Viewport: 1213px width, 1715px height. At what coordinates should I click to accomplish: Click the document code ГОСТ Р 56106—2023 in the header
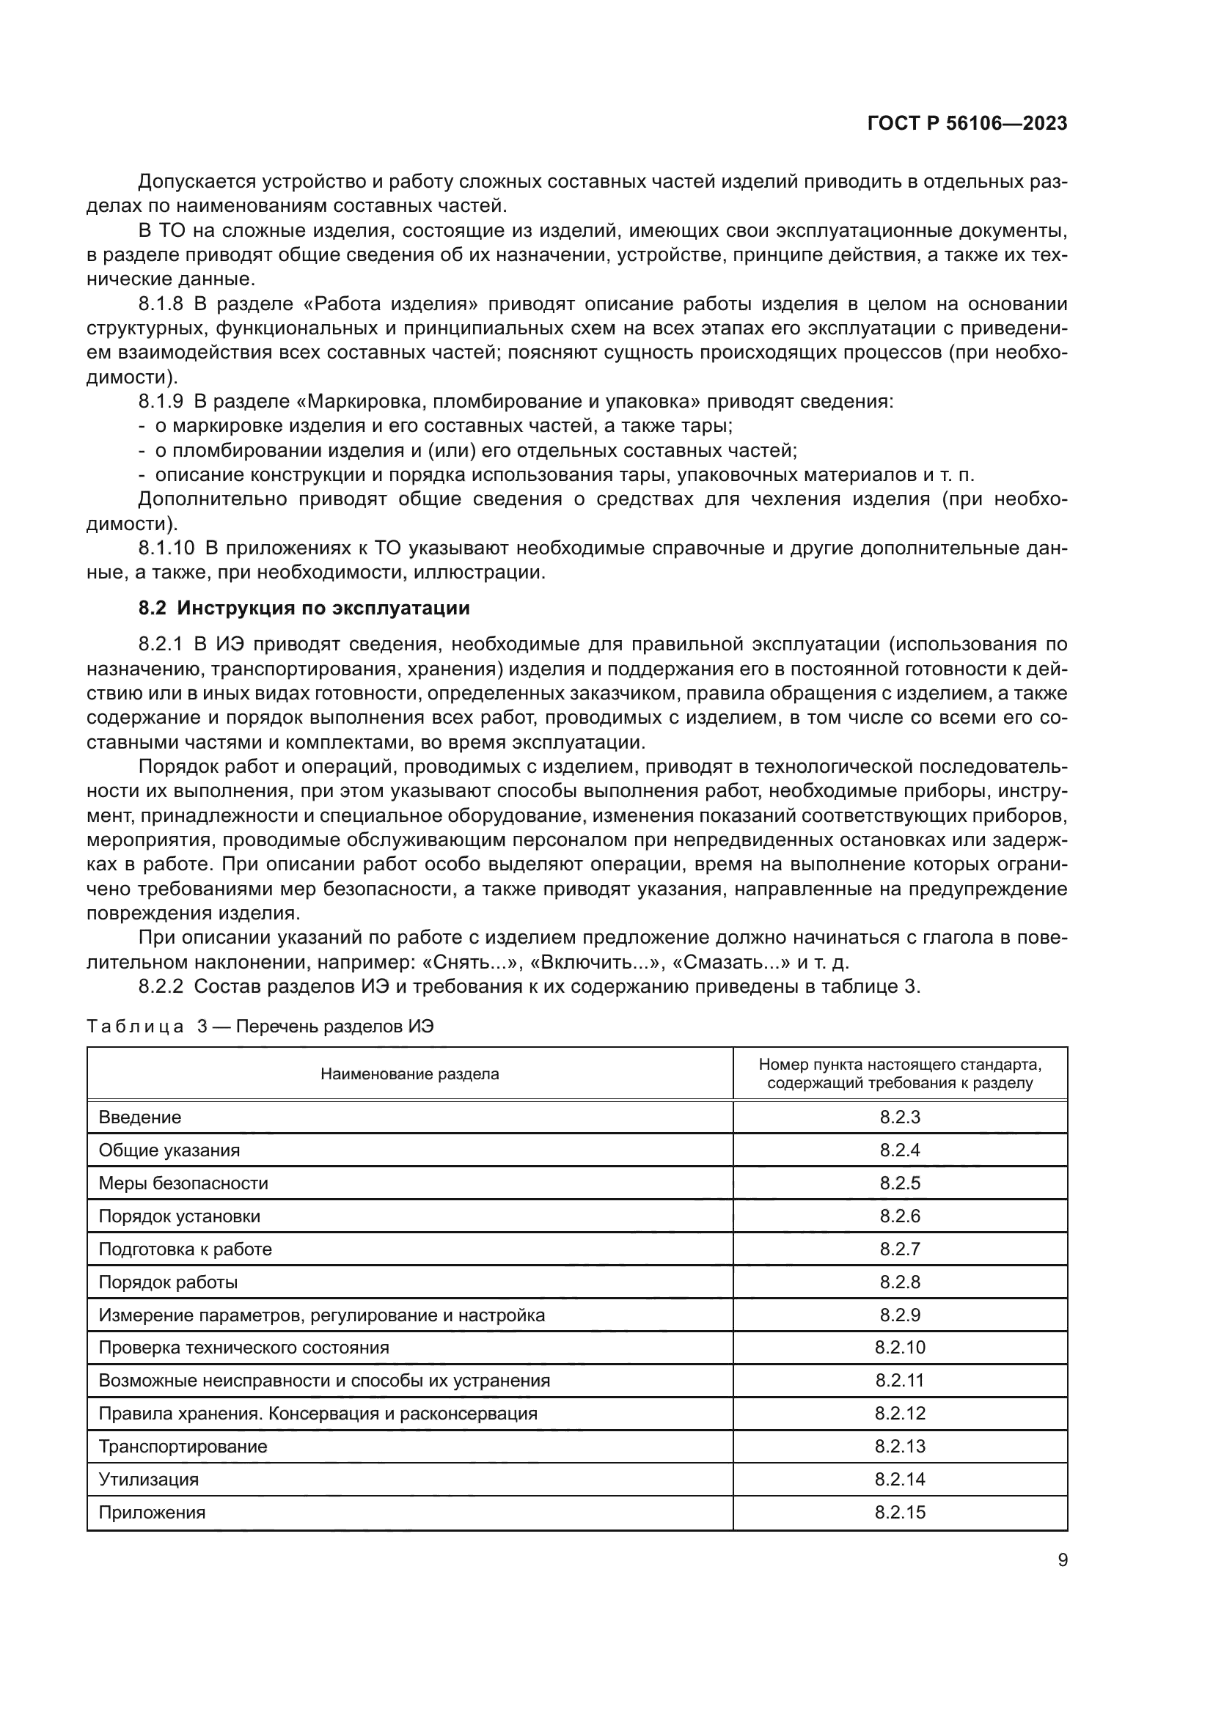pyautogui.click(x=967, y=124)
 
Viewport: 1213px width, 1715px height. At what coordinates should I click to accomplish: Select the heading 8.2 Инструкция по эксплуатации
pyautogui.click(x=304, y=608)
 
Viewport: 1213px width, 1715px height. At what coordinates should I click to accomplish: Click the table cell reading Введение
pyautogui.click(x=140, y=1117)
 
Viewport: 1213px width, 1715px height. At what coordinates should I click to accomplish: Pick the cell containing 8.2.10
pyautogui.click(x=899, y=1348)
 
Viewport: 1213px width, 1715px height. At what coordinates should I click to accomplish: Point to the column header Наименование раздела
pyautogui.click(x=409, y=1074)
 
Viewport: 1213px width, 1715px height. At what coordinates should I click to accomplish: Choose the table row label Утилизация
pyautogui.click(x=149, y=1479)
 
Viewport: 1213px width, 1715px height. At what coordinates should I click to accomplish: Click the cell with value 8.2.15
pyautogui.click(x=899, y=1512)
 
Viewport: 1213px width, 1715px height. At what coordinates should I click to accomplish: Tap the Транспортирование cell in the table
pyautogui.click(x=183, y=1446)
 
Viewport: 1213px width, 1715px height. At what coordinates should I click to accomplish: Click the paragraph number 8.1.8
pyautogui.click(x=161, y=304)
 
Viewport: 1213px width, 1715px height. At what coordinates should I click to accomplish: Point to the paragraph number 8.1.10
pyautogui.click(x=166, y=548)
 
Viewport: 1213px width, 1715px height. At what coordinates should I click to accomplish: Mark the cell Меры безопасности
pyautogui.click(x=183, y=1183)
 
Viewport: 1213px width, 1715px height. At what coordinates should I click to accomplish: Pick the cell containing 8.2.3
pyautogui.click(x=899, y=1117)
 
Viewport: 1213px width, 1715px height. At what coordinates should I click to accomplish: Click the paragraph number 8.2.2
pyautogui.click(x=161, y=987)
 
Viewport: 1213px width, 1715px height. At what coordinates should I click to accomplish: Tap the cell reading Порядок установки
pyautogui.click(x=179, y=1216)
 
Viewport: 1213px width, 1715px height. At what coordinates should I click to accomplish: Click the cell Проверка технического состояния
pyautogui.click(x=243, y=1348)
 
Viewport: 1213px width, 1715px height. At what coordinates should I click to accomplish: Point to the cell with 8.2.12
pyautogui.click(x=899, y=1413)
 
